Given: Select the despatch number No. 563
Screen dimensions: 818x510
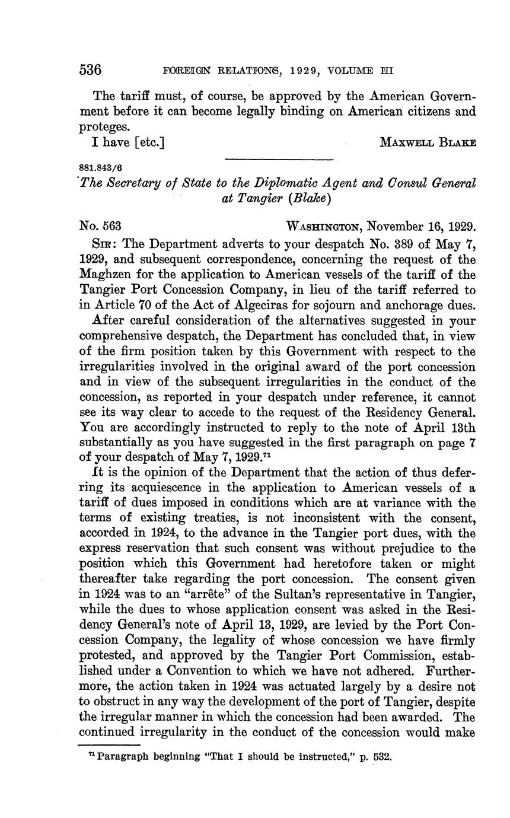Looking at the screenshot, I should [101, 226].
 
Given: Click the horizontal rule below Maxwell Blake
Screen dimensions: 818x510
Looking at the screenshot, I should [279, 159].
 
